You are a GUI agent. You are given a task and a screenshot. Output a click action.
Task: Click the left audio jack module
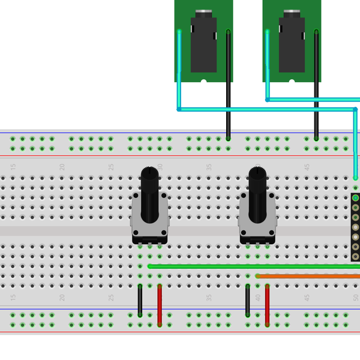coord(203,42)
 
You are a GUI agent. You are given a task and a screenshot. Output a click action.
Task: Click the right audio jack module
coord(292,42)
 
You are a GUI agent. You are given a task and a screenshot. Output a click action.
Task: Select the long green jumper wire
coord(252,266)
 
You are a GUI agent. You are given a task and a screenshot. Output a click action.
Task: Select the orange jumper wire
coord(306,276)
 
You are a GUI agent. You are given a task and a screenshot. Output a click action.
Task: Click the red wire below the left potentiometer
coord(160,305)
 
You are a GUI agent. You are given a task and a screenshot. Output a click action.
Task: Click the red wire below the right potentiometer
coord(267,305)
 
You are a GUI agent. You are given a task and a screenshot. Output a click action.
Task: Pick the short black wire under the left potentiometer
coord(140,300)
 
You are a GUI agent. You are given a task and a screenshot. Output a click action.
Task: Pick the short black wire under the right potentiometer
coord(247,300)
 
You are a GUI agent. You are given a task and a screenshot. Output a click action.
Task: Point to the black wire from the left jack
coord(228,90)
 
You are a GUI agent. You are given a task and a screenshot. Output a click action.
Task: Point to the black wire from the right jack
coord(316,90)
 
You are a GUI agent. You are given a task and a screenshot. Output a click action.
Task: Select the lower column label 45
coord(307,297)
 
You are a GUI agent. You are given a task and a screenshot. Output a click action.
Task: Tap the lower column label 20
coord(62,297)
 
